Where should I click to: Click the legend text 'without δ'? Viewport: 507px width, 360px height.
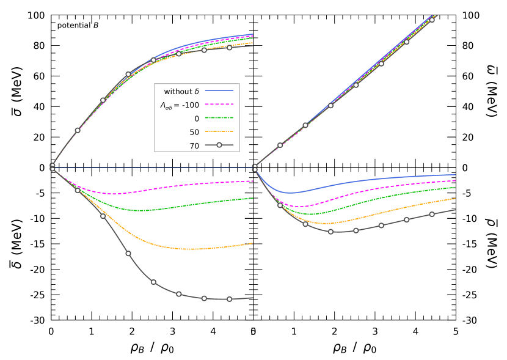181,92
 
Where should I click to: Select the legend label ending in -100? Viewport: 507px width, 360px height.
180,105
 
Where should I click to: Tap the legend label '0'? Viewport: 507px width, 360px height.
197,119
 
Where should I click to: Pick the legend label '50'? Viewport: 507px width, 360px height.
194,132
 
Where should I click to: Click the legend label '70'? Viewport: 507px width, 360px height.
194,145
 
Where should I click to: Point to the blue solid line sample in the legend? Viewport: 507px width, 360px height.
219,91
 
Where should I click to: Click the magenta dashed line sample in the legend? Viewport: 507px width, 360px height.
219,105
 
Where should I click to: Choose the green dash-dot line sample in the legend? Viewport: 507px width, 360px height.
219,118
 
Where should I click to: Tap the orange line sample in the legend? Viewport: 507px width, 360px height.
219,131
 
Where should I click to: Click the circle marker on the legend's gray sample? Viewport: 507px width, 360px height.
219,145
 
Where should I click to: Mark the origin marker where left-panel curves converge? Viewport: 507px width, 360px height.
53,167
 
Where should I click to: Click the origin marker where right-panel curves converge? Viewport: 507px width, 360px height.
255,167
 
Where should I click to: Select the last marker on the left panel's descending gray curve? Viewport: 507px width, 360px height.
230,299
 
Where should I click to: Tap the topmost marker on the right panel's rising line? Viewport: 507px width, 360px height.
432,20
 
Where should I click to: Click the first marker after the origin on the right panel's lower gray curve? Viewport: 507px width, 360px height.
280,205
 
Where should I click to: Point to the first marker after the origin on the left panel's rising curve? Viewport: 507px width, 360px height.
78,130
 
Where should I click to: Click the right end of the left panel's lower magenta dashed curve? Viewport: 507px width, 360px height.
252,182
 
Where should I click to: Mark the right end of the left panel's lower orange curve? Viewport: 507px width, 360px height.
252,244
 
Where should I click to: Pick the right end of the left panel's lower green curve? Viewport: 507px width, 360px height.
252,199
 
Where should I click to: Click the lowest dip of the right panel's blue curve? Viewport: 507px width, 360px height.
291,193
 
